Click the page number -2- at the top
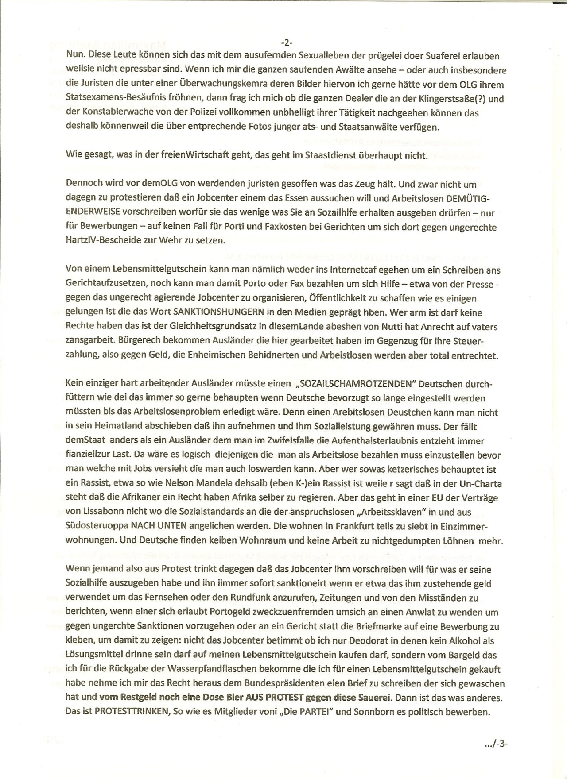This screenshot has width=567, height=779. tap(287, 43)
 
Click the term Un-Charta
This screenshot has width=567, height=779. tap(481, 483)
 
